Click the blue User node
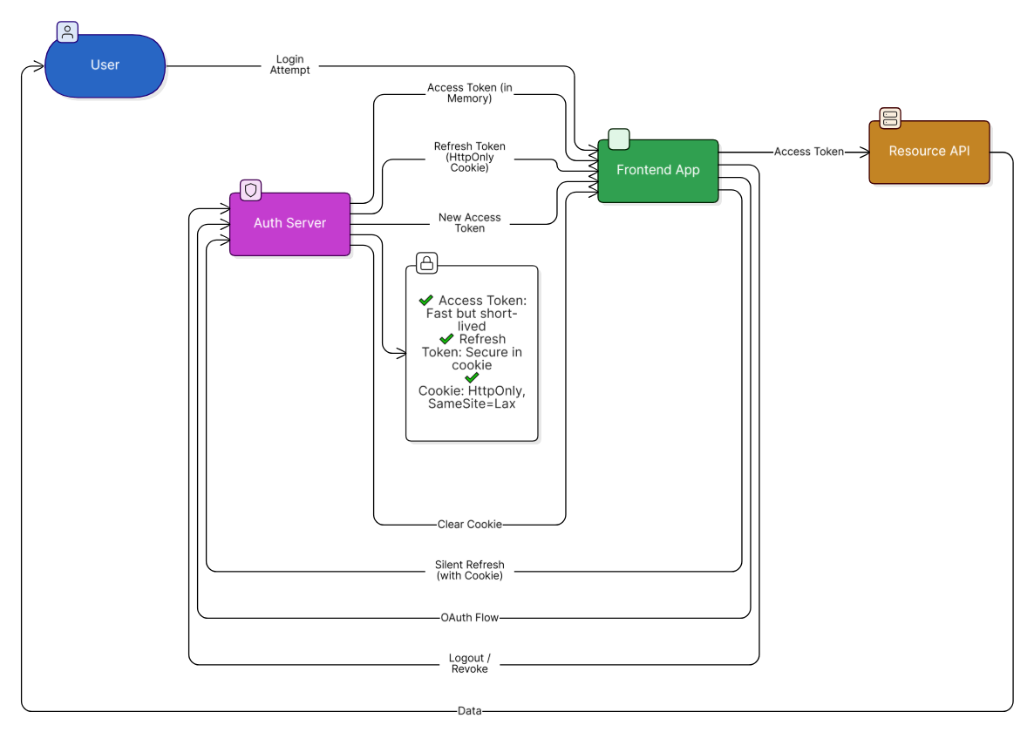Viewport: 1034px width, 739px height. pyautogui.click(x=105, y=65)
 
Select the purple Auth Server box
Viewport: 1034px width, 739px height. pyautogui.click(x=289, y=224)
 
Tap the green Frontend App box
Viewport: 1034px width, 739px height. pyautogui.click(x=657, y=171)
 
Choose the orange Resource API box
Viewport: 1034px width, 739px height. pyautogui.click(x=929, y=152)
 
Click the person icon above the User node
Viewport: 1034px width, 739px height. pyautogui.click(x=67, y=32)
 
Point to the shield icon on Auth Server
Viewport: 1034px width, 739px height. pyautogui.click(x=251, y=189)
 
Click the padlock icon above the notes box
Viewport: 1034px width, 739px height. pyautogui.click(x=426, y=262)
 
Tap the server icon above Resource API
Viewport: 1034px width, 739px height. pyautogui.click(x=889, y=118)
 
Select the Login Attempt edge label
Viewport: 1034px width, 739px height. pyautogui.click(x=289, y=65)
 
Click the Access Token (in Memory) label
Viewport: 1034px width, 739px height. pyautogui.click(x=469, y=93)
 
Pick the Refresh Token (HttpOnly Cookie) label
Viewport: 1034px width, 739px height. pyautogui.click(x=469, y=157)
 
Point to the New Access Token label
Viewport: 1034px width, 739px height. pyautogui.click(x=469, y=223)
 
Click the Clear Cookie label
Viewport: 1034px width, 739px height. pyautogui.click(x=469, y=525)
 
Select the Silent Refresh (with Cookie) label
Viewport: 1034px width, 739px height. pyautogui.click(x=469, y=570)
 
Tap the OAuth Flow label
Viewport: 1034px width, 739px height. pyautogui.click(x=469, y=618)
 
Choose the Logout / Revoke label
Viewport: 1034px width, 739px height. pyautogui.click(x=469, y=663)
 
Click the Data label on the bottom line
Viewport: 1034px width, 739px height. pyautogui.click(x=469, y=711)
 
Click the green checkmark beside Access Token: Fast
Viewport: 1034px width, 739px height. pyautogui.click(x=426, y=300)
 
